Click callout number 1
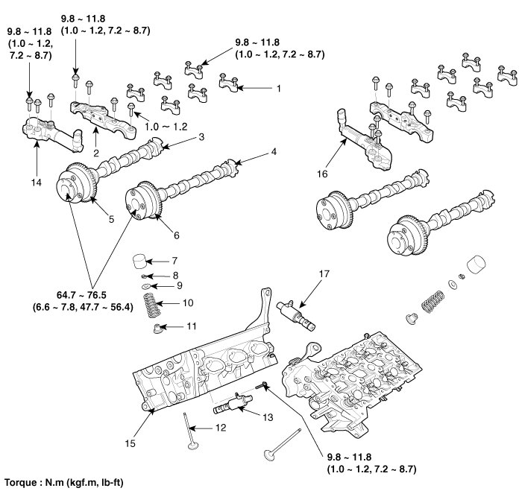tap(279, 88)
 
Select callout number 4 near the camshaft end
tap(274, 152)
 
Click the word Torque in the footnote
tap(20, 482)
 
